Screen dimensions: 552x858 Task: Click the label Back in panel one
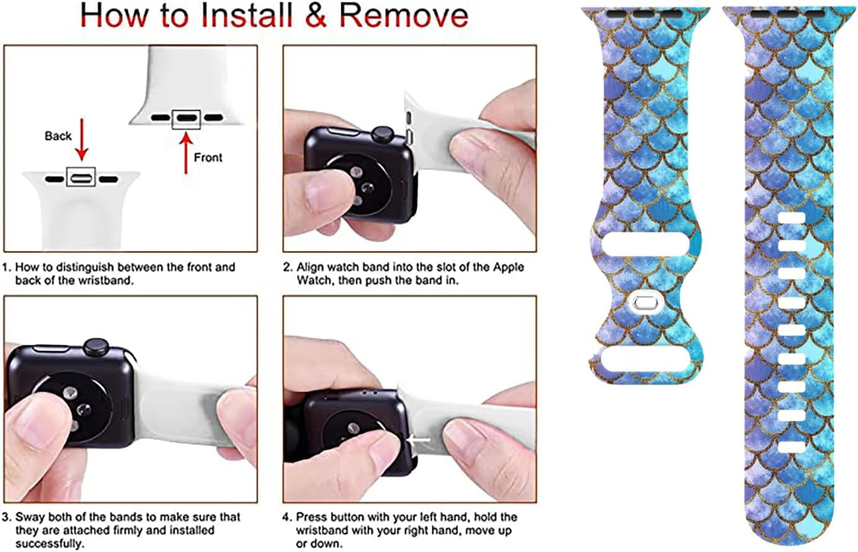[58, 136]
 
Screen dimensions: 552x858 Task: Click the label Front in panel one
[208, 157]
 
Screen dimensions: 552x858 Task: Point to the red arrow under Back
[81, 146]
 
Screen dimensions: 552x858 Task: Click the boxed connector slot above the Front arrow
[186, 117]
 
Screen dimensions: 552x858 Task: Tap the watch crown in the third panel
[96, 346]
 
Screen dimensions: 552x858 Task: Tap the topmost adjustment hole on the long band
[792, 218]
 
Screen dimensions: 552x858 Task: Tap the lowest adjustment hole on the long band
[792, 446]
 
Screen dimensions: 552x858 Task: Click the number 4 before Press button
[286, 517]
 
